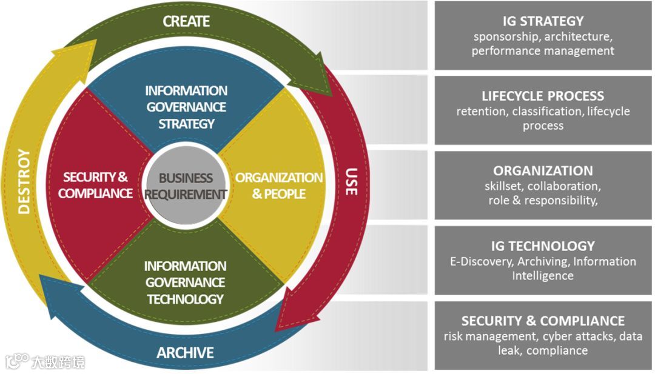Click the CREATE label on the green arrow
point(186,21)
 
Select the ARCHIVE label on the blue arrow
point(186,352)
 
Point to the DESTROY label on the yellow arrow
point(24,181)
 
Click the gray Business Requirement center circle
point(187,187)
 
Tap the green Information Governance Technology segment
point(186,282)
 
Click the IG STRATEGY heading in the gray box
point(543,22)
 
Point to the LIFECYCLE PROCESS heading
point(543,96)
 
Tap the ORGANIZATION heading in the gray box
point(543,170)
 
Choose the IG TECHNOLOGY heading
point(543,245)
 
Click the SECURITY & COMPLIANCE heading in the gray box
point(543,321)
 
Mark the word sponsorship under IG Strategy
point(506,36)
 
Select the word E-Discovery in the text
point(475,261)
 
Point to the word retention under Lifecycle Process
point(482,112)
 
